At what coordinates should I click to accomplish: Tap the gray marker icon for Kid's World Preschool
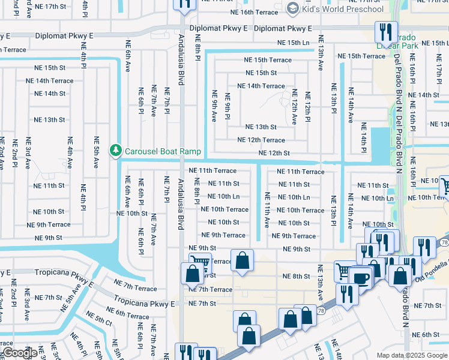pos(293,8)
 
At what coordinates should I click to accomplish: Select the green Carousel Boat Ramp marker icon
pos(115,150)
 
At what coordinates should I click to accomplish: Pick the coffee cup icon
pos(361,278)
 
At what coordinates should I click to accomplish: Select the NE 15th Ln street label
pos(294,43)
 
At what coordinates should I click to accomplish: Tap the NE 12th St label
pos(274,154)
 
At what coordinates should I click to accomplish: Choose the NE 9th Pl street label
pos(228,106)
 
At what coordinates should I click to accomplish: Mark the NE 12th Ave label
pos(294,107)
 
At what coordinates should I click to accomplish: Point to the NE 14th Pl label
pos(364,137)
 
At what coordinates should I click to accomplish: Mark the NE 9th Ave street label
pos(214,106)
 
